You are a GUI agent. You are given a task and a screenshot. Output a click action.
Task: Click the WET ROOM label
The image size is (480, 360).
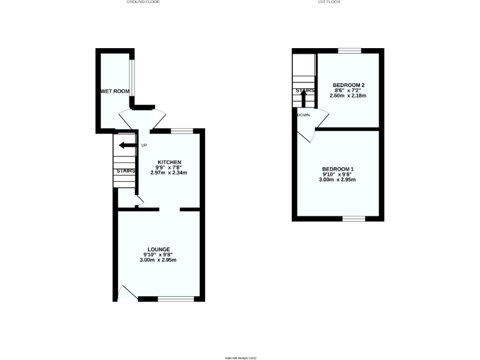tap(116, 91)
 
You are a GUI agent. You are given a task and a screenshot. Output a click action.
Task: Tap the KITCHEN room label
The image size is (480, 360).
tap(169, 162)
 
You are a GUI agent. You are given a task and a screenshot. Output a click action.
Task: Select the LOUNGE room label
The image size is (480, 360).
tap(159, 249)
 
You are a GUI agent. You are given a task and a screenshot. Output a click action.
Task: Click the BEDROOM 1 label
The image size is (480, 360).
tap(338, 169)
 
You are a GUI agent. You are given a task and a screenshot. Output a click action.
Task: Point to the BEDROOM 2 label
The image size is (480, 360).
tap(348, 85)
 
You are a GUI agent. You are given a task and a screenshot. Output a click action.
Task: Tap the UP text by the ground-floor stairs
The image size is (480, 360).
tap(144, 146)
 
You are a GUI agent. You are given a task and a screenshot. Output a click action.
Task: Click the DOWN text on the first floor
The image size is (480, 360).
tap(304, 115)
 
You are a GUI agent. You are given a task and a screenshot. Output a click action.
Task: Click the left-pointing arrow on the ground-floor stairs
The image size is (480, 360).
tap(127, 146)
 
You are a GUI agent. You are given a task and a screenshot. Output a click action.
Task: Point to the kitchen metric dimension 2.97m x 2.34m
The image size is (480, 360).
tap(169, 172)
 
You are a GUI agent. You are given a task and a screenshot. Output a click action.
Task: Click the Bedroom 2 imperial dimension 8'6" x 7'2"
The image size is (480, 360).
tap(348, 91)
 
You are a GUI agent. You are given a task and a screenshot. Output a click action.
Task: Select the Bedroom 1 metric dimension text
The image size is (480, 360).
tap(338, 180)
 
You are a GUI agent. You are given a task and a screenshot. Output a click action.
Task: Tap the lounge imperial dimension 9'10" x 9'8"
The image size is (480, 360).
tap(159, 254)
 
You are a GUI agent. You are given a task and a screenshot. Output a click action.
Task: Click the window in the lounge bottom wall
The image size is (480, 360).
tap(176, 299)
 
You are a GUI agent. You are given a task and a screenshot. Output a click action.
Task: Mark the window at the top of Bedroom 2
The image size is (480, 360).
tap(350, 50)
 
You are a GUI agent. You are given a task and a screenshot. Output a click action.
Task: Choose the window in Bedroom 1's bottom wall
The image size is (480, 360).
tap(353, 218)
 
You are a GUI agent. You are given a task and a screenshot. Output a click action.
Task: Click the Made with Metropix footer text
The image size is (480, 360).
tap(241, 357)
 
